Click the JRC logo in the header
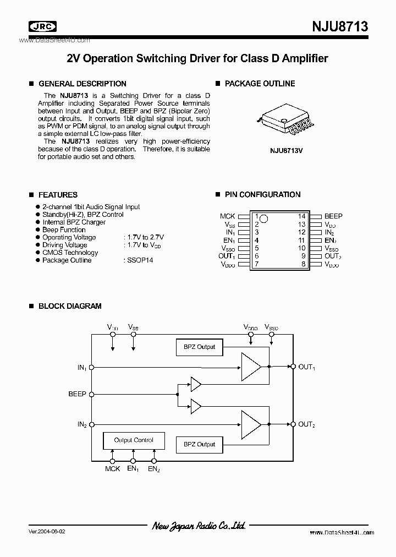tap(43, 27)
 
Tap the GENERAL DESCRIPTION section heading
tap(82, 84)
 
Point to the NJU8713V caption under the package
tap(287, 148)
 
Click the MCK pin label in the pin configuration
tap(227, 216)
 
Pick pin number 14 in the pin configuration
tap(301, 216)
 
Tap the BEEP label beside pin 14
tap(333, 216)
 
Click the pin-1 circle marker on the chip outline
tap(263, 219)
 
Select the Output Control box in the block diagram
tap(134, 440)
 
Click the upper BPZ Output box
tap(199, 347)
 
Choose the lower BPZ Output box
tap(199, 444)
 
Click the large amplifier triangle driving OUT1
tap(250, 366)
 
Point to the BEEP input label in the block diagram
tap(77, 394)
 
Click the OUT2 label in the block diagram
tap(306, 424)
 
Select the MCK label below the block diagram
tap(112, 468)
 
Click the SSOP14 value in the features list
tap(139, 260)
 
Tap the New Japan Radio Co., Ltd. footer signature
tap(199, 526)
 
